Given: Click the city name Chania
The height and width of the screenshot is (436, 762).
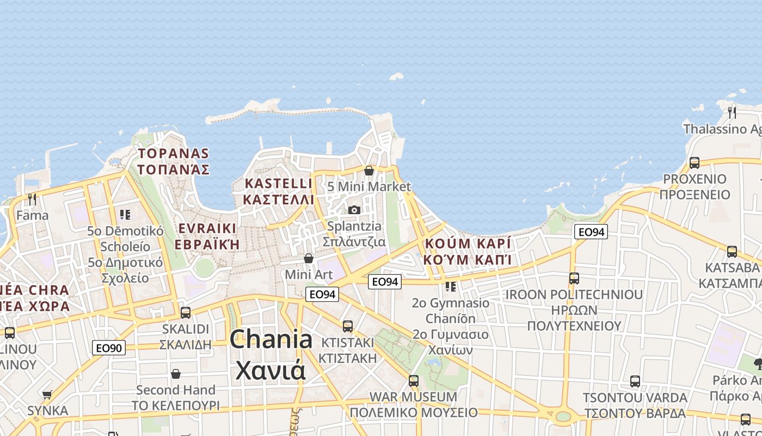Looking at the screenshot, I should click(271, 340).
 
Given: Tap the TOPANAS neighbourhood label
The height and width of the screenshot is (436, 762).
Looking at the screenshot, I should click(173, 153).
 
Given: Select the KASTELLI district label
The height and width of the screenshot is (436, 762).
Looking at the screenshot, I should click(278, 183).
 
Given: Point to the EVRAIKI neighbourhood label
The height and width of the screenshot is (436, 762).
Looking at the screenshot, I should click(207, 228).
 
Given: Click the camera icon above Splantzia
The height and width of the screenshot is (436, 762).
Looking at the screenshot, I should click(354, 210).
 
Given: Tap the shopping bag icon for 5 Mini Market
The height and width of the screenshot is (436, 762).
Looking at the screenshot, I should click(369, 171).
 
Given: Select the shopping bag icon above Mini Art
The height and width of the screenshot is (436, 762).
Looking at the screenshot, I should click(309, 258).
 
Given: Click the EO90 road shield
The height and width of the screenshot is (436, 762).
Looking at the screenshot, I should click(109, 348).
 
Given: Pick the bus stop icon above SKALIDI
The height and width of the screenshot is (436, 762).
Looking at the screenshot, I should click(186, 313).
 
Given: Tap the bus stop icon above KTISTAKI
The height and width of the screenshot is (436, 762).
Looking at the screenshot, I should click(348, 326).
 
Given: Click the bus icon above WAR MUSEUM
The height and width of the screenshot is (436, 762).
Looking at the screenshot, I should click(414, 380).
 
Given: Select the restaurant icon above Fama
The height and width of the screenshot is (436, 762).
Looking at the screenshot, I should click(32, 199).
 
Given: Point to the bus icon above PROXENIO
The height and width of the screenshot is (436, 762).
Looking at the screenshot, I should click(695, 162).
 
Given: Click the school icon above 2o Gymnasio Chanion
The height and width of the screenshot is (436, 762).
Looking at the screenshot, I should click(450, 286).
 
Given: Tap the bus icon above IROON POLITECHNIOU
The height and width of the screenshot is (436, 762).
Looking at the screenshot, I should click(574, 278).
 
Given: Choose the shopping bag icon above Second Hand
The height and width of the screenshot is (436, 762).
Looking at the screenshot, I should click(176, 374).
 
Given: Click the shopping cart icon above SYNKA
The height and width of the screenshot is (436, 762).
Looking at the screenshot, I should click(47, 394).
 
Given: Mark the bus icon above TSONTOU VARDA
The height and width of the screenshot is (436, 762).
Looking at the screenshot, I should click(635, 381).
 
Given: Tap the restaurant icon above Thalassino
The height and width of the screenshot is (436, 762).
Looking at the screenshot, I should click(732, 113).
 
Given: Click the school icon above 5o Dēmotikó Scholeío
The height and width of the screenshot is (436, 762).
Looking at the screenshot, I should click(125, 215).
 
